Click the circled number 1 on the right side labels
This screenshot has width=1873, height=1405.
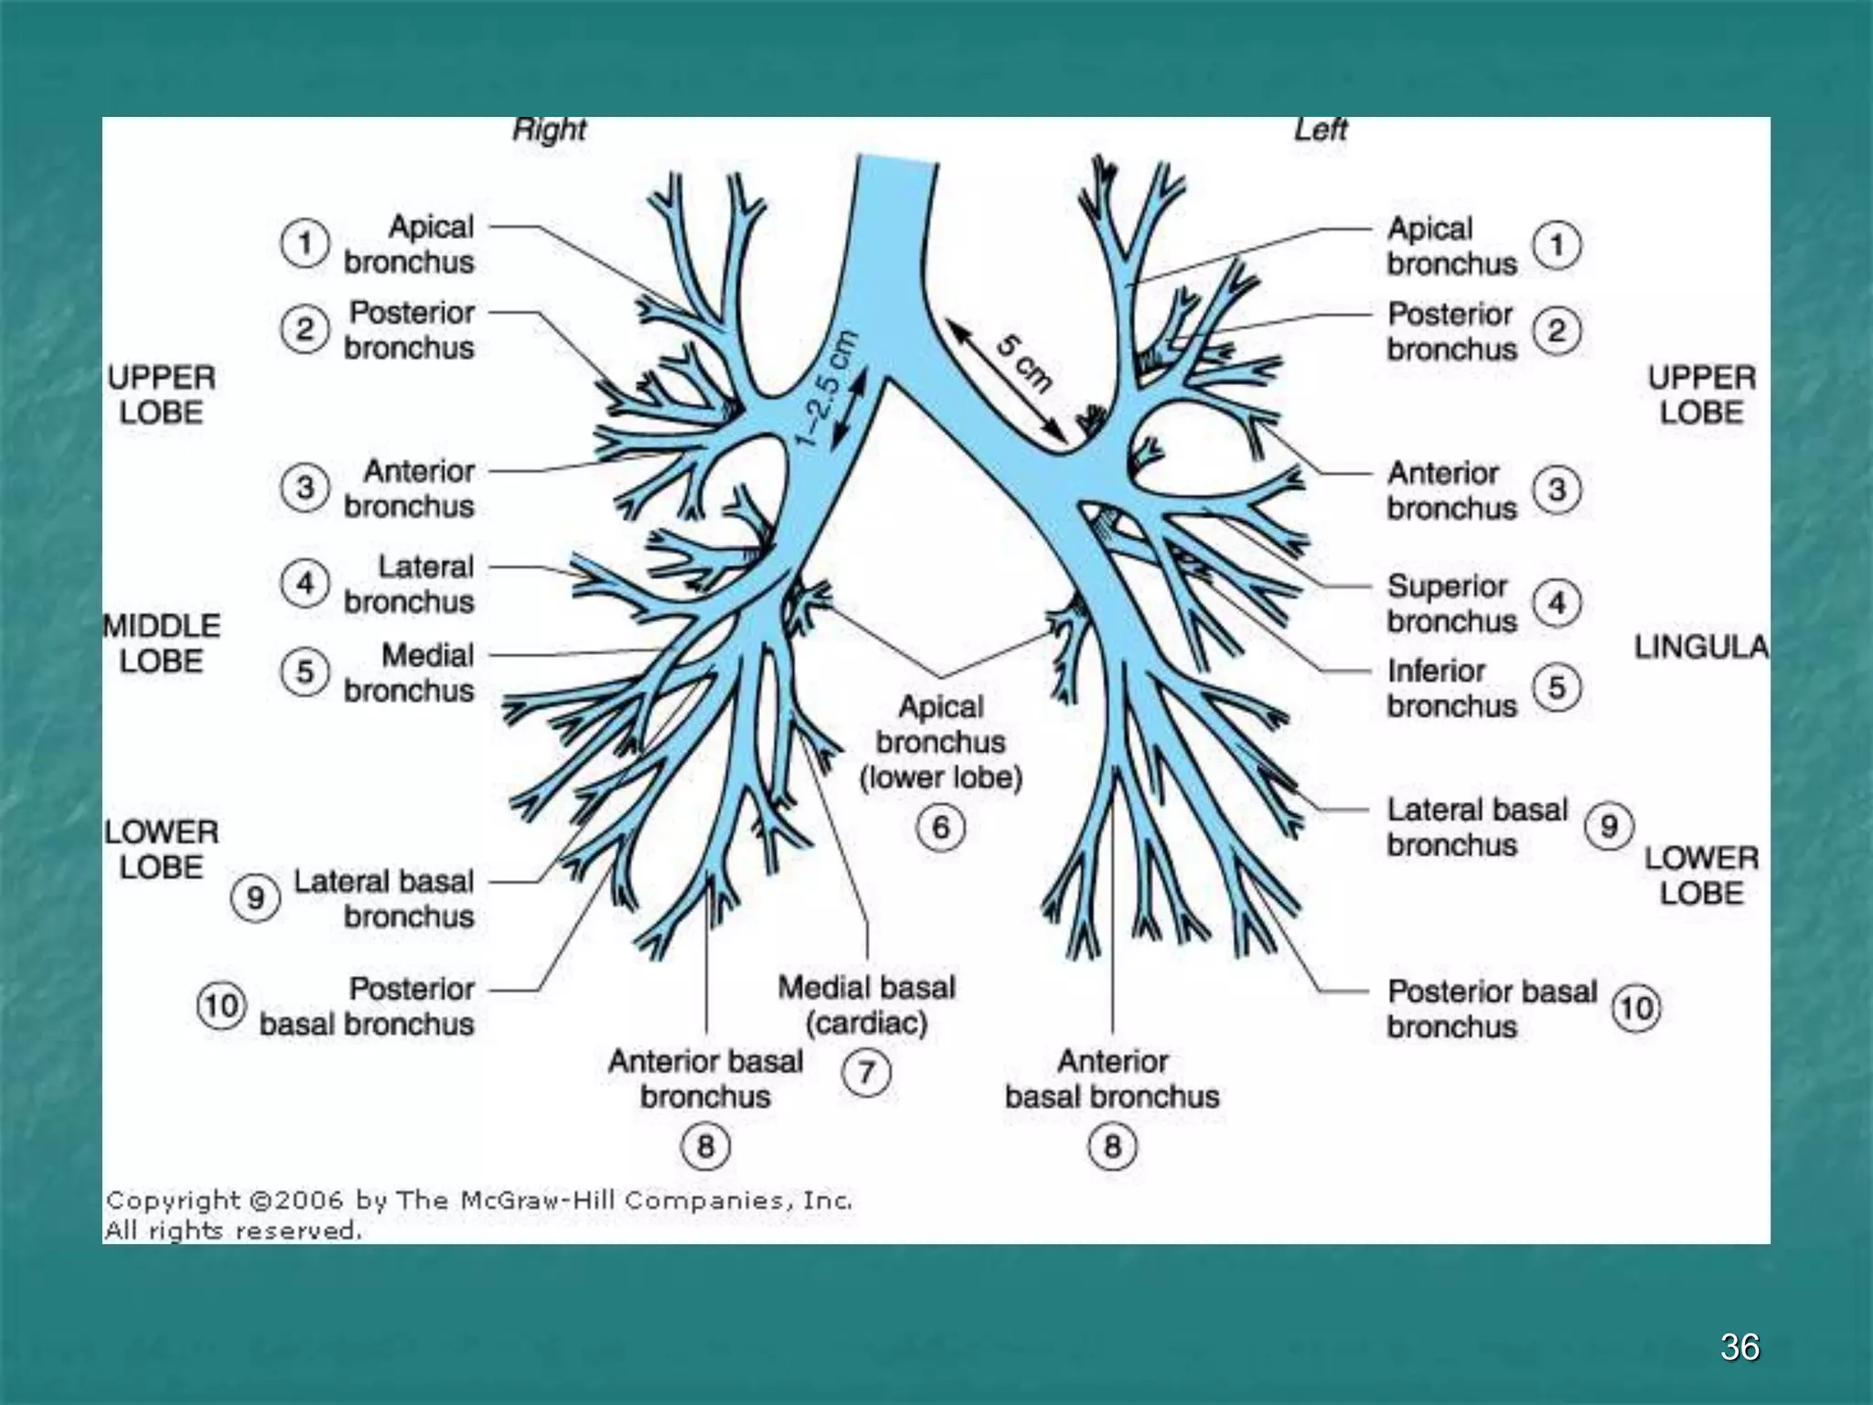pos(1557,245)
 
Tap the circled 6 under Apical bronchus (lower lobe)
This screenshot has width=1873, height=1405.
pos(940,828)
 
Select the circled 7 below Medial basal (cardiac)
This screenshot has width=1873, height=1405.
pos(866,1071)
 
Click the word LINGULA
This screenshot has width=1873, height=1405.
pos(1701,648)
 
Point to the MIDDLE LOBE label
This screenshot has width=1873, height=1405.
pos(162,643)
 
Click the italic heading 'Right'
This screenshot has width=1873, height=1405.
pos(549,130)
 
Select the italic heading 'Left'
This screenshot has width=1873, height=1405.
pos(1320,130)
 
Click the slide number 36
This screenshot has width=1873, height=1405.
pos(1739,1346)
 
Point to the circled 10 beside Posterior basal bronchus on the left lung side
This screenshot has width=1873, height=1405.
pos(1635,1008)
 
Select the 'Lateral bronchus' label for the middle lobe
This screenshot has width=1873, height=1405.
pos(410,584)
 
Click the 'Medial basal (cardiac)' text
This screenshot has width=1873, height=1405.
pos(866,1004)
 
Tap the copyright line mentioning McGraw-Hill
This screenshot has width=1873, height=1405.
pos(478,1200)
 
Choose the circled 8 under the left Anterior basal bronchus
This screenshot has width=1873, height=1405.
pos(1112,1146)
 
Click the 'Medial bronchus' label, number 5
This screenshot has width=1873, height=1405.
pos(410,672)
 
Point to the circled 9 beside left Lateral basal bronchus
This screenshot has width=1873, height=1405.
pos(1609,826)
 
